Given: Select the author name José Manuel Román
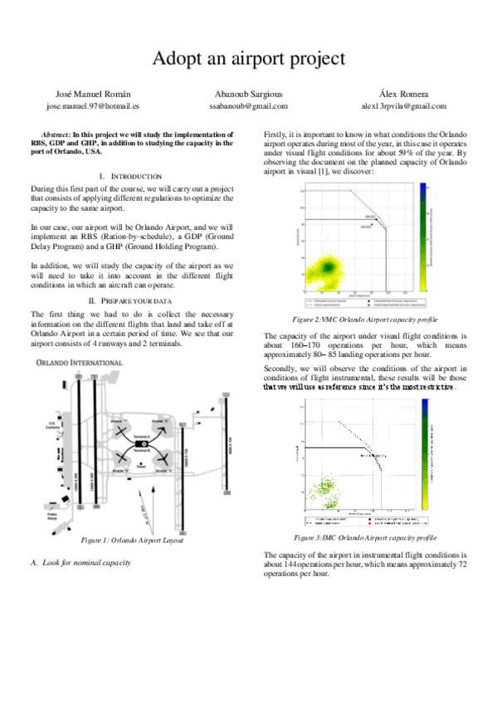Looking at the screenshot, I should (80, 95).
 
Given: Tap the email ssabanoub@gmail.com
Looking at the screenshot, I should (249, 106).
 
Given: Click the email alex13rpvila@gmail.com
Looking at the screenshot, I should (403, 106).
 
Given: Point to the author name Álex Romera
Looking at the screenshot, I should (404, 95).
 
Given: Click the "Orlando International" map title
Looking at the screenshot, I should (80, 363).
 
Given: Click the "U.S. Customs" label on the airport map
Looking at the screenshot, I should (56, 425).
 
